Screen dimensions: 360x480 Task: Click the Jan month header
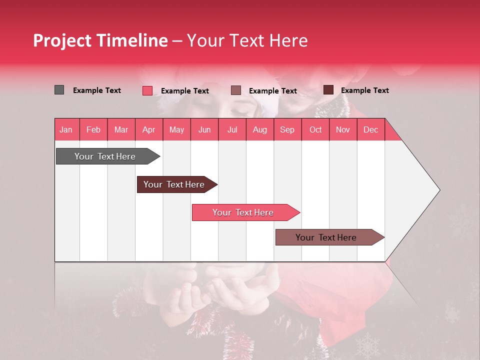tap(66, 130)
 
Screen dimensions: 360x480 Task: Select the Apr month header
tap(148, 130)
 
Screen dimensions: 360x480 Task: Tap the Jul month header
tap(232, 130)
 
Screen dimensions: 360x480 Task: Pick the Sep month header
tap(287, 130)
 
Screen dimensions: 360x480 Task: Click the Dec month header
tap(370, 130)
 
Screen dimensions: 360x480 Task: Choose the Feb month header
tap(93, 130)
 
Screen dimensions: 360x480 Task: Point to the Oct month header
tap(315, 130)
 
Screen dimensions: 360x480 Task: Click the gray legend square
tap(59, 90)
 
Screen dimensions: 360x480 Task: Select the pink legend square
tap(147, 90)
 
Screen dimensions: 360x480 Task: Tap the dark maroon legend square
tap(328, 90)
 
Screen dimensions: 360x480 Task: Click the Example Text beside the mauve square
tap(272, 91)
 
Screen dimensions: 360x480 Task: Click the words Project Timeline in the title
tap(100, 40)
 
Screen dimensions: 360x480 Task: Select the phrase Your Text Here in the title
tap(247, 40)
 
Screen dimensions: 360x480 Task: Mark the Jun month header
tap(204, 130)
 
